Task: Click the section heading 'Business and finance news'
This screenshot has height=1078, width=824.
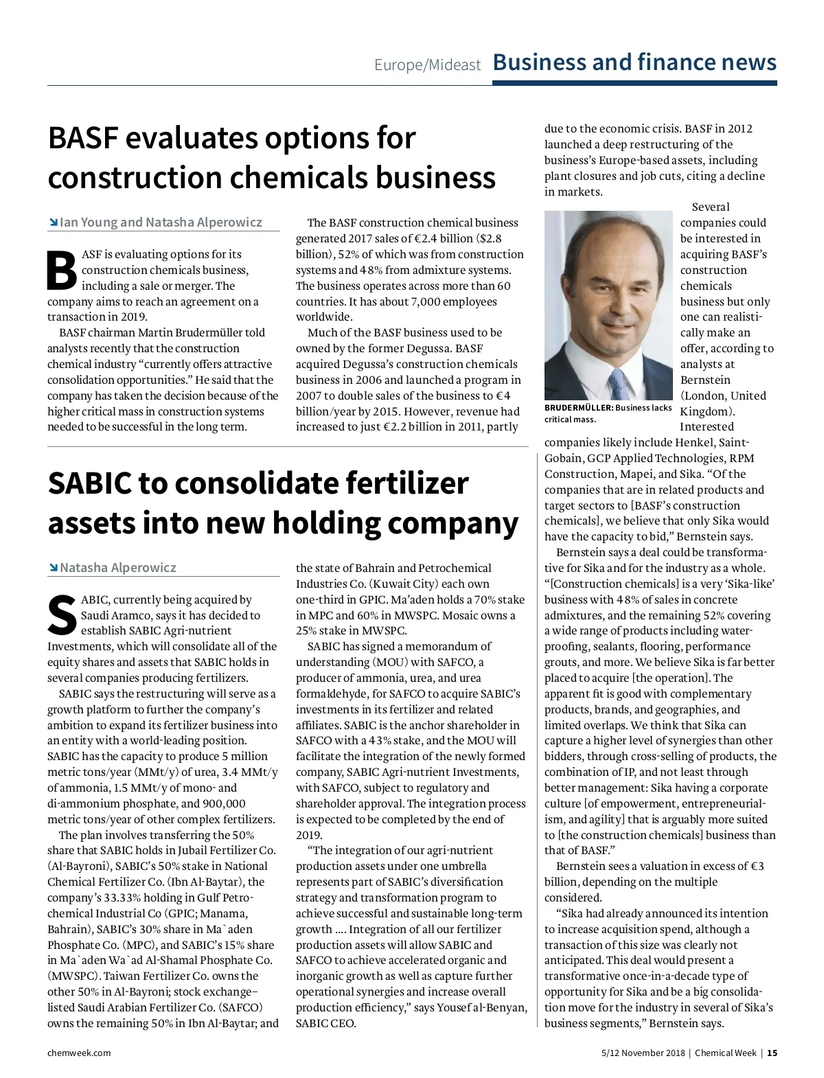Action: pos(634,62)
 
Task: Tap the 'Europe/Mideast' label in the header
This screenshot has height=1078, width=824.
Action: pos(427,65)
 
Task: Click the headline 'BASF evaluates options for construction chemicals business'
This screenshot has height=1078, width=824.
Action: pos(271,158)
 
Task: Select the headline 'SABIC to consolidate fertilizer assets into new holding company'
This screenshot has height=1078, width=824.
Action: pos(282,503)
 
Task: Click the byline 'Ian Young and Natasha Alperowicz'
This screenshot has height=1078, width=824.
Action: pos(161,222)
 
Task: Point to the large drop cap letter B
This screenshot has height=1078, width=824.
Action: pos(62,271)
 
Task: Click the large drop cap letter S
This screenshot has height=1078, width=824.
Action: pos(62,615)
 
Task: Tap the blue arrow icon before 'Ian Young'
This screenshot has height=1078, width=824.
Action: pos(53,222)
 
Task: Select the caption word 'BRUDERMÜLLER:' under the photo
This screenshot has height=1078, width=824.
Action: pos(578,408)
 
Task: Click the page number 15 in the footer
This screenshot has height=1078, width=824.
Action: pos(772,1053)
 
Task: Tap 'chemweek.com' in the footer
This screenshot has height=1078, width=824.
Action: pos(79,1053)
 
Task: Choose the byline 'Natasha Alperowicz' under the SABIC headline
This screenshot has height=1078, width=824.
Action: pos(117,568)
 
